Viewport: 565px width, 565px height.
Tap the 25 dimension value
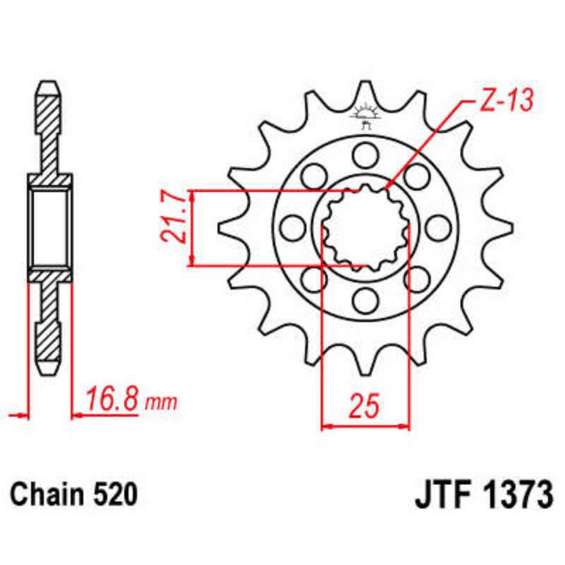(365, 405)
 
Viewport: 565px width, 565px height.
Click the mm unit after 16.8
(161, 403)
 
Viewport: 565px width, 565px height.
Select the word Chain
(46, 495)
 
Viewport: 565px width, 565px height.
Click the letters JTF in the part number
(441, 495)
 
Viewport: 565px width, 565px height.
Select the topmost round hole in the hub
(365, 152)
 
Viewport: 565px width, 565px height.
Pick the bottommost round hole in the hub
(365, 302)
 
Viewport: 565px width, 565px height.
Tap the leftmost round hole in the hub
(291, 227)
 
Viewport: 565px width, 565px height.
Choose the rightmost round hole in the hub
(439, 227)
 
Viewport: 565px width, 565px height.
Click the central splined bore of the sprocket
(365, 227)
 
